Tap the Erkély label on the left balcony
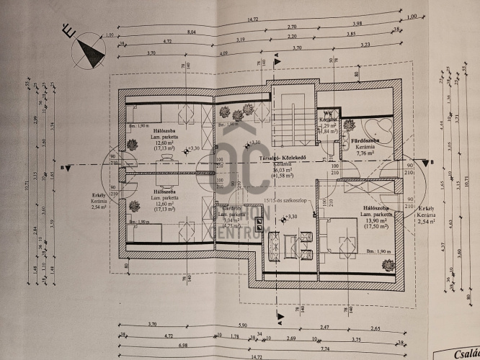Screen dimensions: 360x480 (99, 197)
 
